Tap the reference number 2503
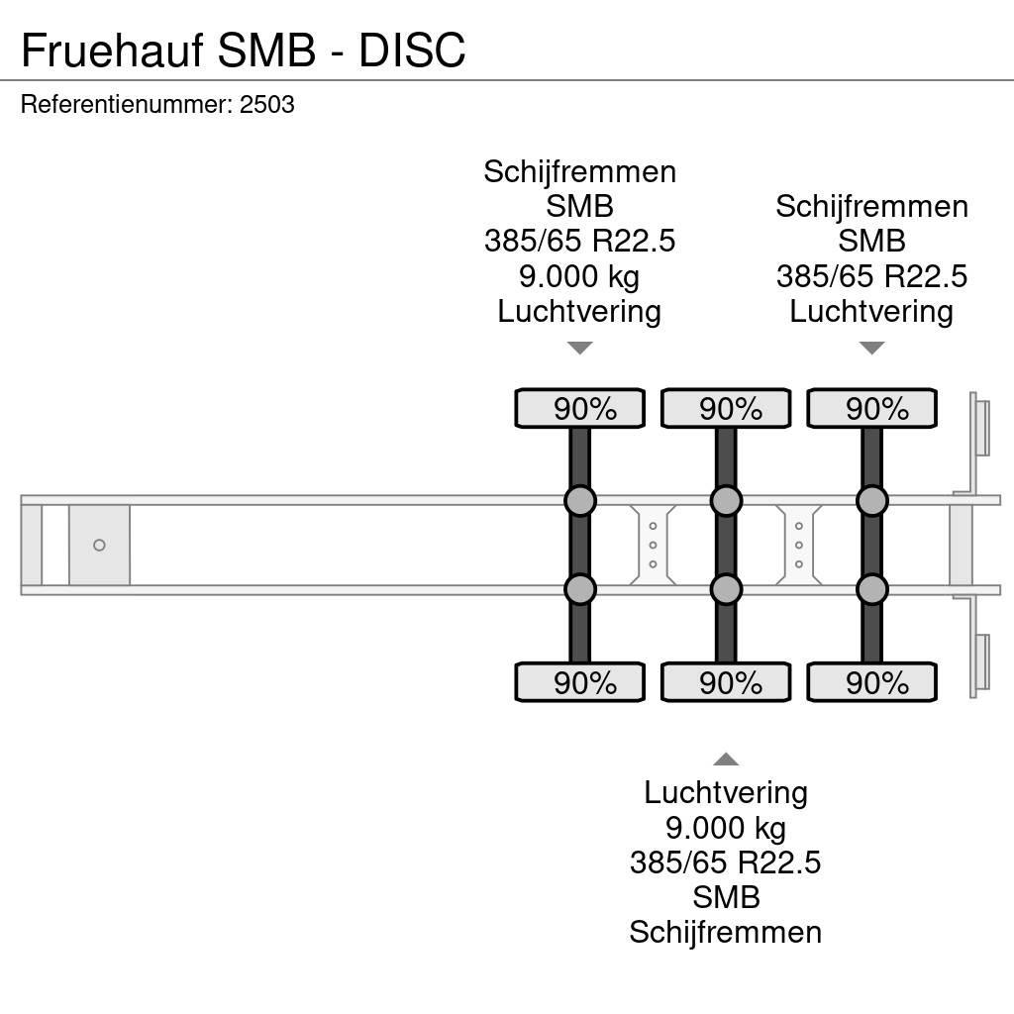(267, 105)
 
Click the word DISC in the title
(412, 51)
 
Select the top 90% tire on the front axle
(579, 409)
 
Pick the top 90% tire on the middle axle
(726, 409)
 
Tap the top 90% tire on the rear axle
(871, 409)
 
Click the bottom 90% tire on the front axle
(579, 683)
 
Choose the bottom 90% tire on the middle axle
(726, 683)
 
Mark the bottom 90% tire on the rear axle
(871, 683)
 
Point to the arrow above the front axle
(579, 348)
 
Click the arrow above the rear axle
(871, 348)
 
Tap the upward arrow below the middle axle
(726, 760)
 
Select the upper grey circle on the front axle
(579, 501)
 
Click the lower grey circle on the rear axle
(871, 590)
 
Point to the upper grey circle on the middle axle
(726, 501)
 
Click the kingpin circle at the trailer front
(99, 546)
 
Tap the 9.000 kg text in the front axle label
(579, 276)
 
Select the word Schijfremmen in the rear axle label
(871, 207)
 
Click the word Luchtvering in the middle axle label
(726, 792)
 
